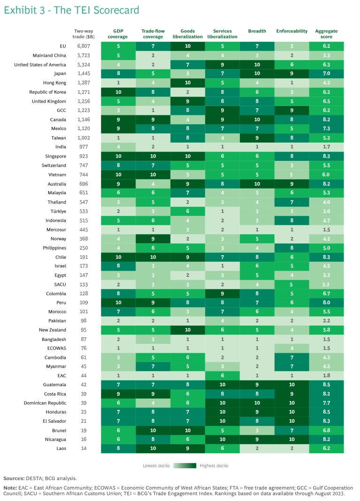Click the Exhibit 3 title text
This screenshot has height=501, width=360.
click(71, 10)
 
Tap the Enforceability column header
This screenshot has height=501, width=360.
click(292, 31)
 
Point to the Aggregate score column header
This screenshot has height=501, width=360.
click(326, 34)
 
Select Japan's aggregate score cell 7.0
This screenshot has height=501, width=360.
click(326, 74)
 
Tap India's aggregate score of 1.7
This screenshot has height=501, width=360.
click(326, 147)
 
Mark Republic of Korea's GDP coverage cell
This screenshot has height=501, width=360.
click(118, 92)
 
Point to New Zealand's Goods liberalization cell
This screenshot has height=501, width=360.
click(187, 330)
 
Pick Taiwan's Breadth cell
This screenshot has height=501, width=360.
click(257, 138)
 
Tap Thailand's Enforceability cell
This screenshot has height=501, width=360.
click(292, 202)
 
